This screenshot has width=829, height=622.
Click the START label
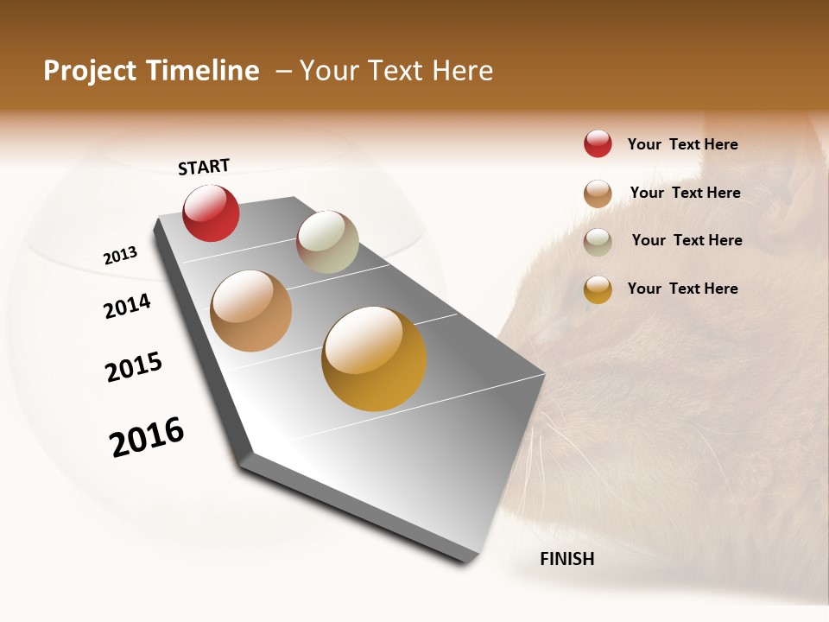point(204,167)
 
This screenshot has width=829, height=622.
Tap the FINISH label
point(566,559)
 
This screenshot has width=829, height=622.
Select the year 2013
point(120,256)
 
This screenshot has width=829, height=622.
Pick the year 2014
point(127,306)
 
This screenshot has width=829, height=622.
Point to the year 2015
point(134,367)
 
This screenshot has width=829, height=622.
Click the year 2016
point(147,437)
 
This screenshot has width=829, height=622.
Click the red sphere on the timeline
point(211,213)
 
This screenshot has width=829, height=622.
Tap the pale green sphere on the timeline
point(327,242)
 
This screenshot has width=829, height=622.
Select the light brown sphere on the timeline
point(250,311)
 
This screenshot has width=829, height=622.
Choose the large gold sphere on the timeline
point(374,359)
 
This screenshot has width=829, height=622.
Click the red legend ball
point(598,143)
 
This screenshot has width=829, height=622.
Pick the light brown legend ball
point(598,194)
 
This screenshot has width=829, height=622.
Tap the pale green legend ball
point(598,242)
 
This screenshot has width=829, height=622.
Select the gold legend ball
point(598,289)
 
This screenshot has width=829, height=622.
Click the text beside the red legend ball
point(682,144)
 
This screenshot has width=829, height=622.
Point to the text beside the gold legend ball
point(682,289)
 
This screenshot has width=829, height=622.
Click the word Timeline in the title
point(203,71)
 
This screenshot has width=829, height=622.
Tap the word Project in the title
point(90,71)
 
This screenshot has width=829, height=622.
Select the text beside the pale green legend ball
point(687,240)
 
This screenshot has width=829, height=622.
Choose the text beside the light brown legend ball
point(685,193)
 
